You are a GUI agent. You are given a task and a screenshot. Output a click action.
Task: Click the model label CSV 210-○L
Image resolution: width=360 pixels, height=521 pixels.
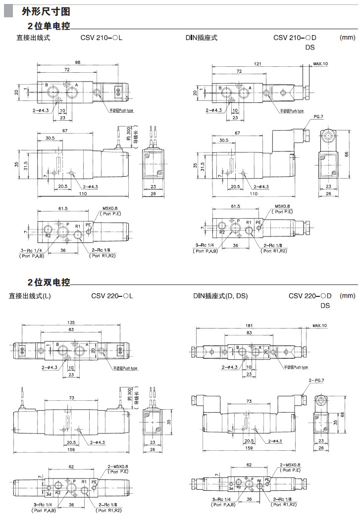point(102,38)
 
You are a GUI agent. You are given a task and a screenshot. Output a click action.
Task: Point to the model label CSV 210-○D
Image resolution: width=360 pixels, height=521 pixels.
point(295,38)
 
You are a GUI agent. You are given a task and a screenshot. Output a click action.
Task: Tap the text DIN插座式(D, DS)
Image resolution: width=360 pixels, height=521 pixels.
point(220,296)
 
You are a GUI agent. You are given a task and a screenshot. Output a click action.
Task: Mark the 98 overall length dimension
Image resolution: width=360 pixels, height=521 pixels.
point(78,62)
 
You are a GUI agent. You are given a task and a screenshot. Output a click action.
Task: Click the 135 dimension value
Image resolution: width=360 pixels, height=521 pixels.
point(72,323)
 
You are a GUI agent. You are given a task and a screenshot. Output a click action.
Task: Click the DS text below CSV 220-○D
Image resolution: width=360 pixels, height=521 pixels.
point(325,306)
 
